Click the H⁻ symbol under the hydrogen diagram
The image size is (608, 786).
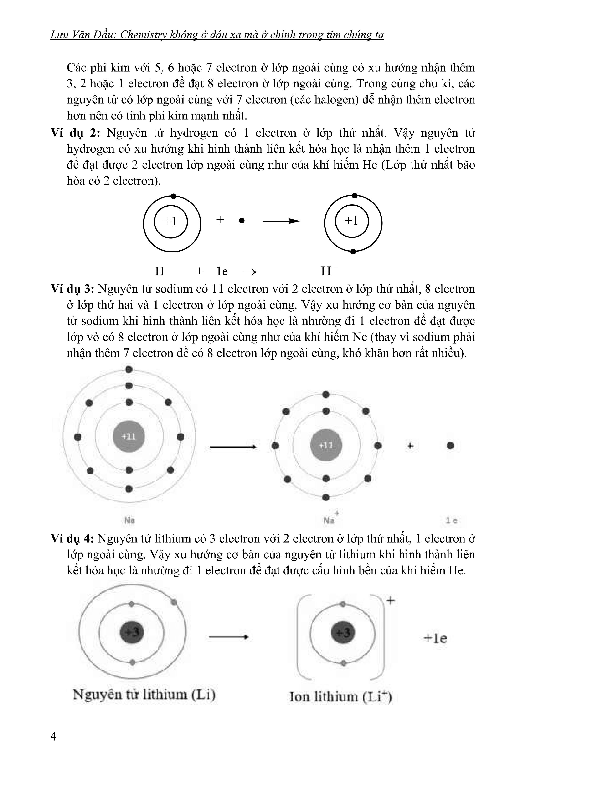(329, 271)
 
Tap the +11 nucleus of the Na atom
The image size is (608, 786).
(129, 437)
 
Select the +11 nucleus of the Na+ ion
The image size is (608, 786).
(326, 446)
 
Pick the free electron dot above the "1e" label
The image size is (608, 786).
(450, 446)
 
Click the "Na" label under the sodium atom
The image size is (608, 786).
(129, 520)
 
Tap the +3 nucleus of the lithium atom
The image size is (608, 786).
(132, 632)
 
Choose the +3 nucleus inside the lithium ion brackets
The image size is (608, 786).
(343, 633)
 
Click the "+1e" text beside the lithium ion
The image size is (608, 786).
(435, 638)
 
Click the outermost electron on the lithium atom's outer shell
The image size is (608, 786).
(174, 602)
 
